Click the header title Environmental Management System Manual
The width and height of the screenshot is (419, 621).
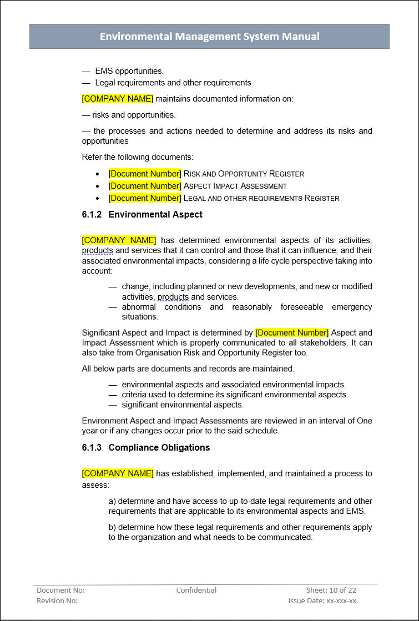pos(209,37)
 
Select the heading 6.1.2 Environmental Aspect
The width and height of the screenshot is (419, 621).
pos(142,214)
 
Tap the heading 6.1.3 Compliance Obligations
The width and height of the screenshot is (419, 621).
pos(145,447)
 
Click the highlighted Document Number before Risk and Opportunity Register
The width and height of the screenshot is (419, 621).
pos(145,174)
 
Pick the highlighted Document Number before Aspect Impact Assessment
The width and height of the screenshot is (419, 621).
pos(145,186)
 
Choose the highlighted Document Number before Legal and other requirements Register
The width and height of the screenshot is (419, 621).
pos(145,198)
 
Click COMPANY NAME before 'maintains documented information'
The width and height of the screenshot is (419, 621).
pos(118,99)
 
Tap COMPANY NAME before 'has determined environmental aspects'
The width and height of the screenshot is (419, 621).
pos(119,240)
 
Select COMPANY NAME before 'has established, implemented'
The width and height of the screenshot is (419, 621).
pos(118,473)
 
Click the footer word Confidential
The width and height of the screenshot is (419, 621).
pos(196,590)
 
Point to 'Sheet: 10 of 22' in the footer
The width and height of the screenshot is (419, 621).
pos(331,590)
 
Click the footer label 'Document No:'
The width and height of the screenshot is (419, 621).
pos(60,590)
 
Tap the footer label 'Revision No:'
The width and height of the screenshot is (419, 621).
pos(57,600)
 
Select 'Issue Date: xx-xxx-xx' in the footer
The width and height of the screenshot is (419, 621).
pos(322,600)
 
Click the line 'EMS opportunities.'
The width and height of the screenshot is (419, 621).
pos(129,71)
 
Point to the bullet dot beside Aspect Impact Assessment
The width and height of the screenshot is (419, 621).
pos(98,186)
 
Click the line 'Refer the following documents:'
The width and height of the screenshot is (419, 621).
pos(138,157)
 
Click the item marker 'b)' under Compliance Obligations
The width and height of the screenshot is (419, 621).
pos(112,527)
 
